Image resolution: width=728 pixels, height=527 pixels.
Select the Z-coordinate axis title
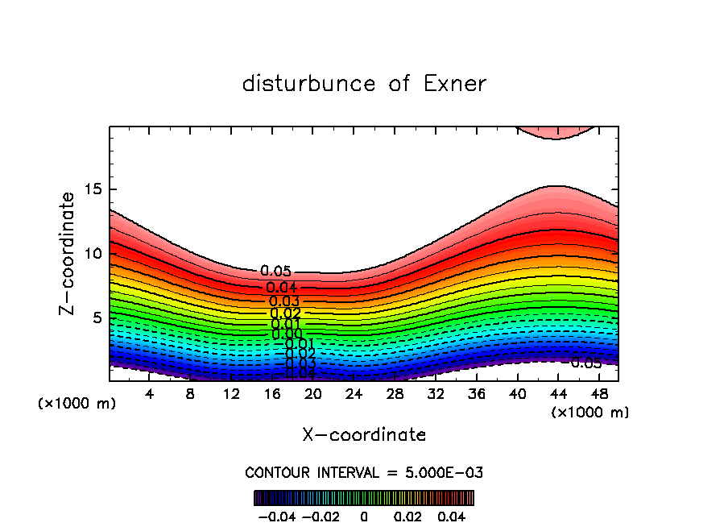tap(69, 253)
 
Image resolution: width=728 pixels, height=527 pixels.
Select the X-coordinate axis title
tap(364, 435)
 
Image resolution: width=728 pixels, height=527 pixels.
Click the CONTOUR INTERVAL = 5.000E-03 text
tap(364, 473)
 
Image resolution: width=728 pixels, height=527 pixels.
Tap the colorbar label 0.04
tap(452, 516)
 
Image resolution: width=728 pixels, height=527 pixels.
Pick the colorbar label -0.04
tap(275, 516)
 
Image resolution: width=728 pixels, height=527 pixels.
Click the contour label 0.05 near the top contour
tap(275, 272)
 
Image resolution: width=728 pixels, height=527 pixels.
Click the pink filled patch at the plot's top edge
tap(555, 132)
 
